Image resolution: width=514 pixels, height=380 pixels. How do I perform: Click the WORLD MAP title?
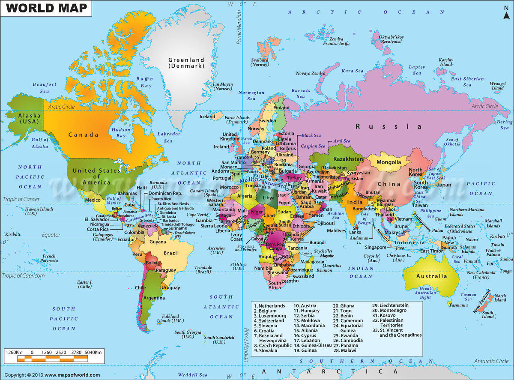click(x=47, y=8)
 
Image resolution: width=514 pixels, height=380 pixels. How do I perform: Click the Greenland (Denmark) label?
click(x=186, y=63)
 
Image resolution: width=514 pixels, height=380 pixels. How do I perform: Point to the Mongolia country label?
click(x=389, y=162)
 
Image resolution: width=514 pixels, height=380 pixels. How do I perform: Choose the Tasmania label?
click(x=458, y=305)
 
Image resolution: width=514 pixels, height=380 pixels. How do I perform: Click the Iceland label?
click(x=207, y=117)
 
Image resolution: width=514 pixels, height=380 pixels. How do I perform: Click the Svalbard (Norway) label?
click(x=260, y=63)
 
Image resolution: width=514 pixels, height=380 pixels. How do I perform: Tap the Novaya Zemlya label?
click(x=311, y=74)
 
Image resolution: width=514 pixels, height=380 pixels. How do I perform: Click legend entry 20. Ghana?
click(x=344, y=305)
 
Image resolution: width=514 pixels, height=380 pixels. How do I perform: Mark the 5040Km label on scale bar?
click(x=93, y=352)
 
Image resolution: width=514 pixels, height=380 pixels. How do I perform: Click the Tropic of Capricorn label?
click(x=24, y=275)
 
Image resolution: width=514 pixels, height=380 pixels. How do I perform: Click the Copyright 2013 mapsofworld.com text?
click(x=52, y=375)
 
